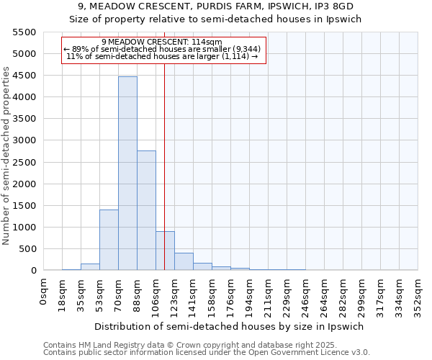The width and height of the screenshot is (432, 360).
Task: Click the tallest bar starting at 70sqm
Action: click(127, 173)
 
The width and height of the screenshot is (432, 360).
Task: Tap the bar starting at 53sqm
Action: click(109, 240)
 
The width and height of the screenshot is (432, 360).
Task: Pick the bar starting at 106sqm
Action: click(165, 251)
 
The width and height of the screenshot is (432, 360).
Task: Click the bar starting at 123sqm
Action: click(184, 261)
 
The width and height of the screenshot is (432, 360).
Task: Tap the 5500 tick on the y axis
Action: click(24, 32)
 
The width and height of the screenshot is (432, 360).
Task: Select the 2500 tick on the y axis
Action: click(24, 162)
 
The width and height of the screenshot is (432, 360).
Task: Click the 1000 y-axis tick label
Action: click(24, 228)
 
